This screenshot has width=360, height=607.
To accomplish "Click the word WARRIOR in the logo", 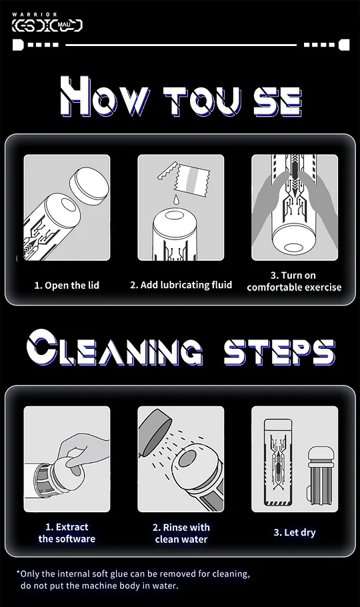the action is [x=35, y=14].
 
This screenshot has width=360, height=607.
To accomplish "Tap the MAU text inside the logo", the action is [x=63, y=26].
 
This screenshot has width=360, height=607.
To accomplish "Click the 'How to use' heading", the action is [x=181, y=96].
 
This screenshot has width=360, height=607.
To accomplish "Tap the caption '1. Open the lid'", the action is [x=67, y=285].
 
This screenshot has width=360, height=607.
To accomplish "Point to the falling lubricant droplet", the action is [x=177, y=199].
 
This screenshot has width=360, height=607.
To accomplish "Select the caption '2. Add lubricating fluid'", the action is [x=181, y=285].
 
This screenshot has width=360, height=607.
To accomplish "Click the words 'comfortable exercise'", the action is [x=294, y=287].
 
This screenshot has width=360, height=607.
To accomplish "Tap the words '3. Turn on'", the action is [x=293, y=275].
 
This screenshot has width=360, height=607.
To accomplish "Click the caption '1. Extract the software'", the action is [x=67, y=533].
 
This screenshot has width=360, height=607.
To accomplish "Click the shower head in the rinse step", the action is [x=154, y=432].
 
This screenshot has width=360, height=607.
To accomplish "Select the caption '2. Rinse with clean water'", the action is [x=181, y=533].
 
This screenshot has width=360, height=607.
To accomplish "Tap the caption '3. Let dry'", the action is [x=295, y=532].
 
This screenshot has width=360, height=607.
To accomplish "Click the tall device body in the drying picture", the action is [x=278, y=462].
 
